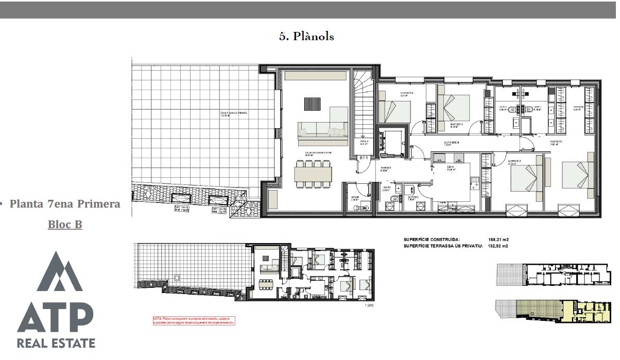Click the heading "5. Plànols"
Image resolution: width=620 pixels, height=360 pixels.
pos(306,37)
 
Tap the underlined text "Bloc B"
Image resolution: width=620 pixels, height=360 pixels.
pos(65,225)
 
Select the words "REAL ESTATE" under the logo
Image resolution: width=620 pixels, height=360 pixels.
pos(56,343)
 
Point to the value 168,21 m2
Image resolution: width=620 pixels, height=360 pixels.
pos(498,239)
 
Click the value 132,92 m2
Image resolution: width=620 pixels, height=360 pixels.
pos(498,246)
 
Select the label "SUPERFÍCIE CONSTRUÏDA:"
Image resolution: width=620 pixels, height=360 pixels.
pos(432,239)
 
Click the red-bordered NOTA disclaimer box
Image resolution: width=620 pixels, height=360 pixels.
pos(194,320)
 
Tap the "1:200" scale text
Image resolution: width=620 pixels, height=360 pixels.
pos(368,306)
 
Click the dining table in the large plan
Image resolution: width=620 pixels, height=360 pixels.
pos(313,172)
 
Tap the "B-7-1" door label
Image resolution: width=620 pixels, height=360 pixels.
pos(364,158)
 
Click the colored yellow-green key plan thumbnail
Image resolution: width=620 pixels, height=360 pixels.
pos(555,311)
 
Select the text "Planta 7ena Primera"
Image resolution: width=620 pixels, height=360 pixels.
pos(65,204)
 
